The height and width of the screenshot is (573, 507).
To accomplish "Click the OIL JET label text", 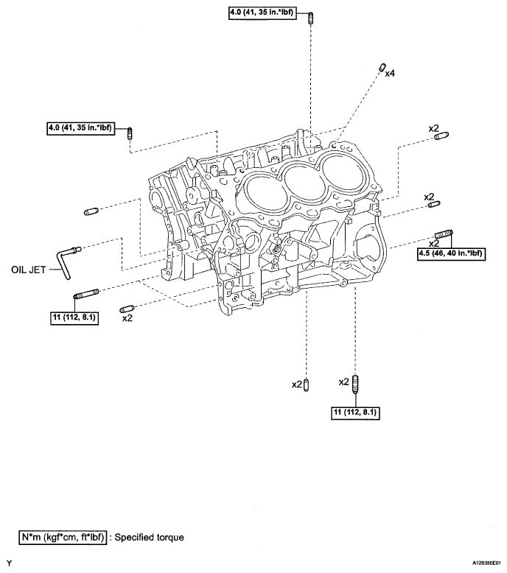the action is [x=29, y=270].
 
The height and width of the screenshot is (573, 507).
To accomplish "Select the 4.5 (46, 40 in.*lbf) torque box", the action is [x=452, y=253].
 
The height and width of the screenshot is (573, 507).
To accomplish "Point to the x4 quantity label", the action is [x=390, y=74].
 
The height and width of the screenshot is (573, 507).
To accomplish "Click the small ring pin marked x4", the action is [x=382, y=68].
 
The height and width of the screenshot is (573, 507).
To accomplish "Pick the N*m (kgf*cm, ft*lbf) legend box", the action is [x=63, y=537].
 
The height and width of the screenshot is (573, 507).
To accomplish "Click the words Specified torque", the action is [x=149, y=537].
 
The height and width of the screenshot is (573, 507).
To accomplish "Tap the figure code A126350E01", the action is [x=486, y=563].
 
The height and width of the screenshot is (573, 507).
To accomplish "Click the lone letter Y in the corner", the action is [x=10, y=563].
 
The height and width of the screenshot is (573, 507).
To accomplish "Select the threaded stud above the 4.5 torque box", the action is [x=444, y=234].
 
